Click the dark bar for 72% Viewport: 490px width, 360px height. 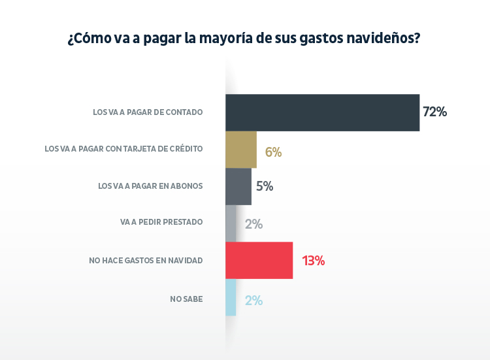(322, 112)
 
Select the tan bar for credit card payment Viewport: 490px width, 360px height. (241, 150)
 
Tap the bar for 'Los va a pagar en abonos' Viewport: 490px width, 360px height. (238, 186)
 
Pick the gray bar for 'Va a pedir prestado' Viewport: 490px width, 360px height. (231, 223)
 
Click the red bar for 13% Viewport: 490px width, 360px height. (259, 260)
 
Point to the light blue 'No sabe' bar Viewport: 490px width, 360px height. (231, 297)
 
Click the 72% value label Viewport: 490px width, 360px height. (434, 112)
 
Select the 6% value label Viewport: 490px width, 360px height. (273, 152)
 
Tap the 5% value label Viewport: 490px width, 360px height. (265, 186)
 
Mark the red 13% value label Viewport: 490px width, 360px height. (313, 261)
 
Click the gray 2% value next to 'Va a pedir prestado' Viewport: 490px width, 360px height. (253, 224)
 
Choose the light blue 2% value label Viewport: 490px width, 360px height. (253, 301)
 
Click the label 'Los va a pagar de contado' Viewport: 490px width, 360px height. (148, 112)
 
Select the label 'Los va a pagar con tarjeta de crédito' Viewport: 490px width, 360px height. (123, 149)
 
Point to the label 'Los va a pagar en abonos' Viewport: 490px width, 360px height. (150, 186)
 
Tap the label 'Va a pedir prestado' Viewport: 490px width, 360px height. (161, 222)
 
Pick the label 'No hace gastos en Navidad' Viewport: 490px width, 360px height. (146, 260)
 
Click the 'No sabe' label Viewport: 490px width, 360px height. (186, 299)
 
